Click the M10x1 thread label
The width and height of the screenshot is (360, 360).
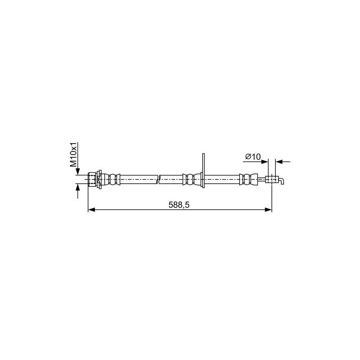click(74, 154)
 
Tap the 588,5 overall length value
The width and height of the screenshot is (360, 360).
click(179, 205)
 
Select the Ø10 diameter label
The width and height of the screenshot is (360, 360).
click(253, 157)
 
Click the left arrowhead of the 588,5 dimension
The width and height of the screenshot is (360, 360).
click(91, 210)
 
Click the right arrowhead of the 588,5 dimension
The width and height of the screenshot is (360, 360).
click(268, 210)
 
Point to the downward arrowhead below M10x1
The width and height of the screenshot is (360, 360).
click(78, 172)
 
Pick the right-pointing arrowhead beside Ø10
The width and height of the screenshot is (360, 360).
click(265, 162)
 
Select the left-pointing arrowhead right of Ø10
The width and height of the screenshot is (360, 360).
click(279, 162)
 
